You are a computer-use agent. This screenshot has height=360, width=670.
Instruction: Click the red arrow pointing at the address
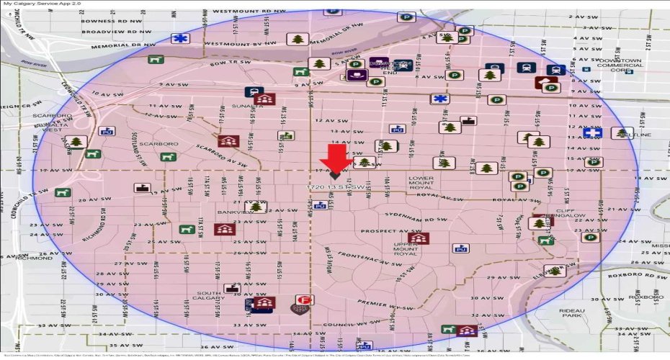click(336, 158)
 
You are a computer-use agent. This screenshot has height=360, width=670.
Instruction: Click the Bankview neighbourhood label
click(233, 212)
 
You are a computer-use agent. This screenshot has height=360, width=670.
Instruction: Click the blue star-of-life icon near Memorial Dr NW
click(177, 39)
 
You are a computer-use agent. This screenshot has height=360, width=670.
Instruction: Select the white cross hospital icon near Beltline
click(593, 133)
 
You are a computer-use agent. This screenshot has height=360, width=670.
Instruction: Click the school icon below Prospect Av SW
click(416, 238)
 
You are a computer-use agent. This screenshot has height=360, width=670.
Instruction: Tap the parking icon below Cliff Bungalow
click(591, 237)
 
